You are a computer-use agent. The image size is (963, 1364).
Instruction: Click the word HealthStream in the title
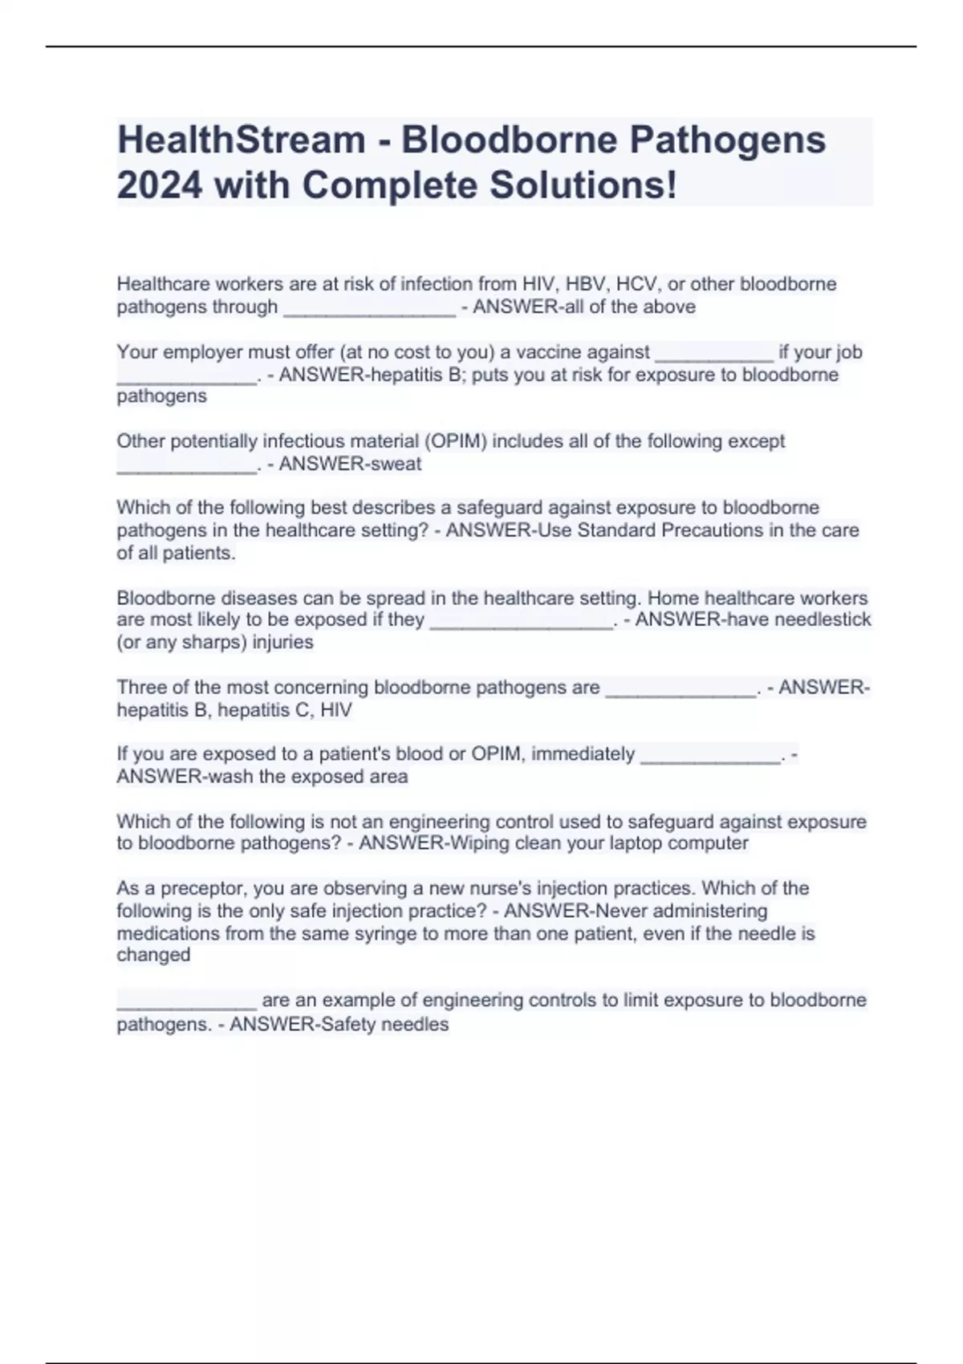coord(242,140)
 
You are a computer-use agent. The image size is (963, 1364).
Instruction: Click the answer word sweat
coord(396,464)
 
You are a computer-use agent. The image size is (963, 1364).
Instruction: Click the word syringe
coord(419,934)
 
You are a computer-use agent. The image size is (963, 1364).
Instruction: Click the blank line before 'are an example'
coord(186,1003)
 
